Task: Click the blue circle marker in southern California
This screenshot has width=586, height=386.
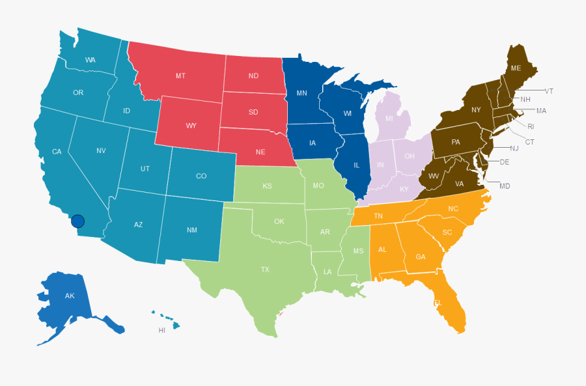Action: pyautogui.click(x=77, y=221)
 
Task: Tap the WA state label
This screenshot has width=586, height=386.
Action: pyautogui.click(x=91, y=61)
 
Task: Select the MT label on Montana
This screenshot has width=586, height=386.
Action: pyautogui.click(x=180, y=76)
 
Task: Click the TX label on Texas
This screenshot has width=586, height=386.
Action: pyautogui.click(x=265, y=269)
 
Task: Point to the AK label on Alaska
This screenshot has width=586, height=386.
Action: pyautogui.click(x=70, y=296)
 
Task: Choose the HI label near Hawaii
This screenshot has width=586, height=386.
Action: pyautogui.click(x=162, y=331)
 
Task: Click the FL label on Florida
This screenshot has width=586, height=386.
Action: pyautogui.click(x=438, y=303)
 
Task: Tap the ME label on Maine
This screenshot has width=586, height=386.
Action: pyautogui.click(x=516, y=68)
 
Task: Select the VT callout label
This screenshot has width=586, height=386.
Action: pyautogui.click(x=549, y=91)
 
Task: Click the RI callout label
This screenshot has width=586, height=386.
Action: pyautogui.click(x=531, y=126)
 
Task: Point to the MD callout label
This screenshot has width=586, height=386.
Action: pyautogui.click(x=505, y=186)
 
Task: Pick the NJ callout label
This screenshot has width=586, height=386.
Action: pyautogui.click(x=514, y=148)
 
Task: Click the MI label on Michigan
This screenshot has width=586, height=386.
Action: pyautogui.click(x=389, y=118)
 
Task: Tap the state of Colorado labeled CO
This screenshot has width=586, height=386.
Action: pyautogui.click(x=201, y=176)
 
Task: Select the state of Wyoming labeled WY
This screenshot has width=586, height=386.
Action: pyautogui.click(x=191, y=126)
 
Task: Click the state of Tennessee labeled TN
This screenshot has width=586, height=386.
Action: pyautogui.click(x=378, y=216)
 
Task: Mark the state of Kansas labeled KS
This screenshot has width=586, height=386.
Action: pyautogui.click(x=267, y=186)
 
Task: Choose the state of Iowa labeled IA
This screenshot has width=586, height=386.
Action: pyautogui.click(x=313, y=143)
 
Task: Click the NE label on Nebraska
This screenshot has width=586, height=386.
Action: pyautogui.click(x=260, y=152)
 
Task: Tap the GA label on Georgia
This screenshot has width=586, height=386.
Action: pyautogui.click(x=421, y=256)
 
